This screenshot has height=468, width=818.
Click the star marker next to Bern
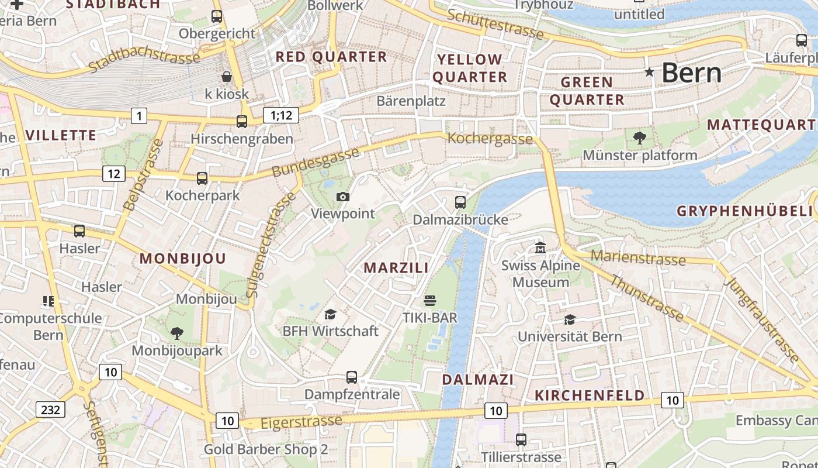point(649,72)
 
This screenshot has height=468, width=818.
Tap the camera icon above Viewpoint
point(343,197)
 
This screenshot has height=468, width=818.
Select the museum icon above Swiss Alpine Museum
point(540,249)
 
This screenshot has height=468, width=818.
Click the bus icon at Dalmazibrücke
point(460,202)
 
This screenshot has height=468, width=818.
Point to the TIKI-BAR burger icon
point(430,301)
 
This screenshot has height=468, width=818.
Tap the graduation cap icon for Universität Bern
point(570,319)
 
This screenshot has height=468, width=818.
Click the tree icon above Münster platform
point(640,138)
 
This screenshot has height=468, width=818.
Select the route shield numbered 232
point(50,409)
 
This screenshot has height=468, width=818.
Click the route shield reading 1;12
point(281,115)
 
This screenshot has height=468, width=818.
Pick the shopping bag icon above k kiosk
point(227,77)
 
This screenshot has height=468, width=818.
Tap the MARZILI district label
point(396,268)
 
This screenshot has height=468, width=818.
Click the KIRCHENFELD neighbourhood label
point(590,395)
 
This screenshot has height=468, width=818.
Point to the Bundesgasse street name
point(316,163)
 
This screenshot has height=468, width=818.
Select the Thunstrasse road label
point(646,298)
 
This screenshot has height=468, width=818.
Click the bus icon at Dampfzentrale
point(352,377)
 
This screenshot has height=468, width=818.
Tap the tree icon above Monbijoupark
point(176,333)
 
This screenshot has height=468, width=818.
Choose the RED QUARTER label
point(331,57)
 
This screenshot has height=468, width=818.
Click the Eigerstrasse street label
point(301,422)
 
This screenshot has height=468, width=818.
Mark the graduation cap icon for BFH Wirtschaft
point(331,315)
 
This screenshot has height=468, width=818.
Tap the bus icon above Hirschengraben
point(242,122)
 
